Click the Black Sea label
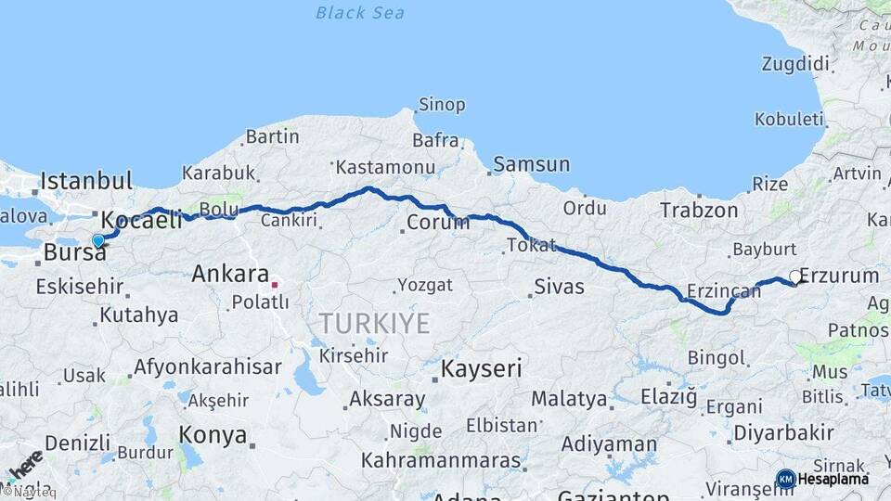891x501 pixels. click(x=360, y=13)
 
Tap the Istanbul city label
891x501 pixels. click(x=86, y=180)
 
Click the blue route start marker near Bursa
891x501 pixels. click(x=97, y=240)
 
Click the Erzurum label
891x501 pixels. click(x=839, y=276)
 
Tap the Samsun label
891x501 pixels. click(x=532, y=165)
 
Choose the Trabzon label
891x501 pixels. click(x=699, y=212)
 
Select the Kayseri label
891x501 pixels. click(x=481, y=368)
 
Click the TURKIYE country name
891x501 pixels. click(x=374, y=323)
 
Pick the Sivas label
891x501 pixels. click(x=560, y=286)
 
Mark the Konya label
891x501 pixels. click(x=213, y=434)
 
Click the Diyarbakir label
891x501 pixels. click(x=783, y=433)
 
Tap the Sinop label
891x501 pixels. click(x=442, y=105)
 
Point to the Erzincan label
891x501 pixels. click(x=723, y=290)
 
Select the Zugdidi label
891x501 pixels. click(x=794, y=64)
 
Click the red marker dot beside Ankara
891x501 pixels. click(x=275, y=284)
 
